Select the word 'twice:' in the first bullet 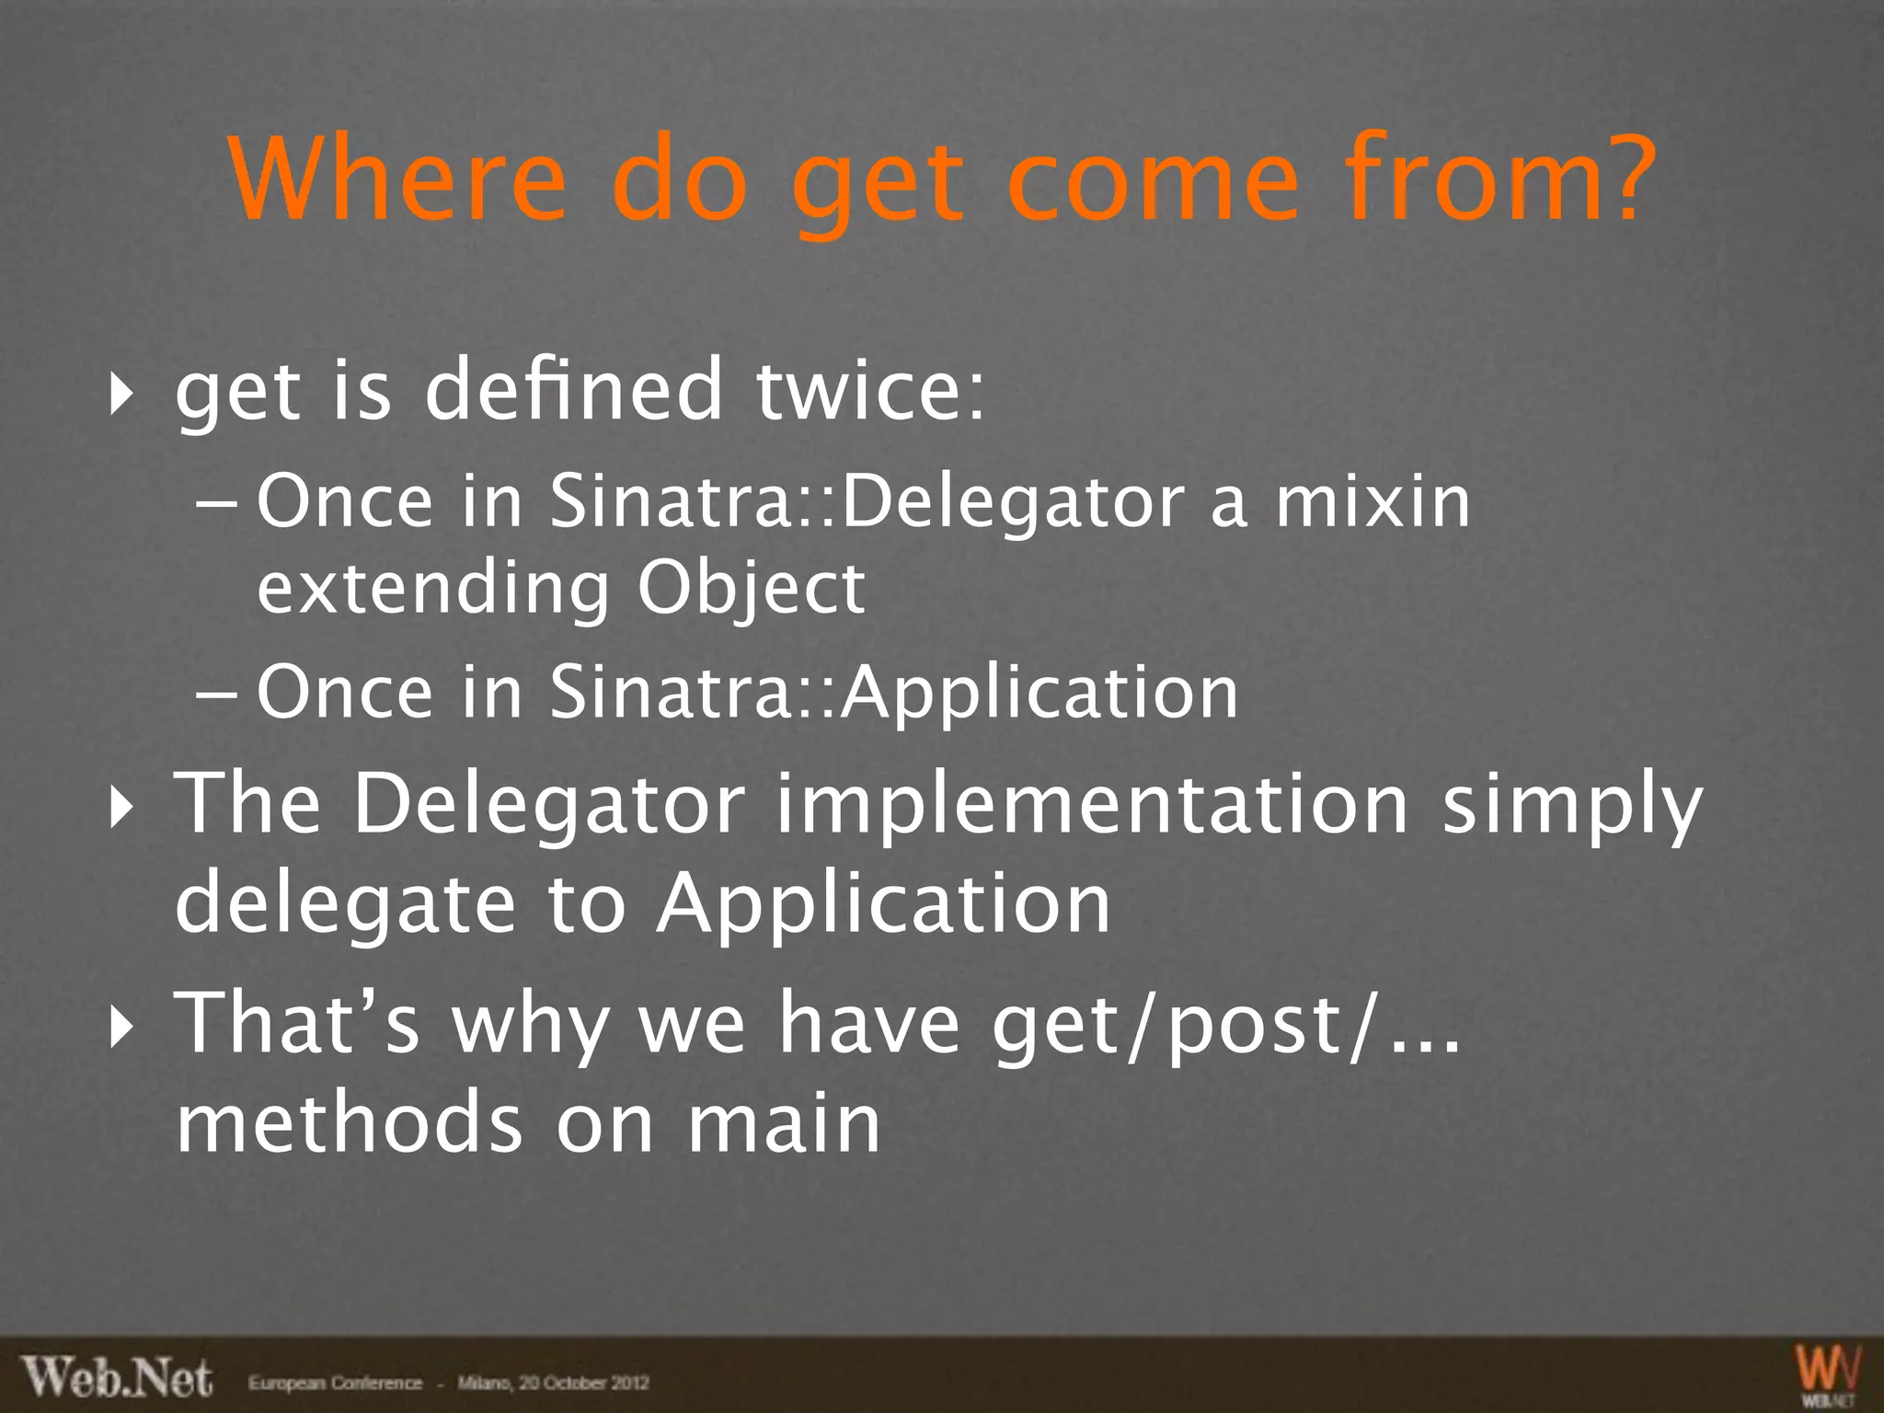click(x=870, y=390)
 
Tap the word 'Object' click(x=751, y=589)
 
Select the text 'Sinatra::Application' click(x=893, y=692)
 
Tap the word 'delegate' click(x=345, y=903)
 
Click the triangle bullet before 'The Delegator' click(x=118, y=808)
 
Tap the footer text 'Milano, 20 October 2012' click(x=553, y=1383)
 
